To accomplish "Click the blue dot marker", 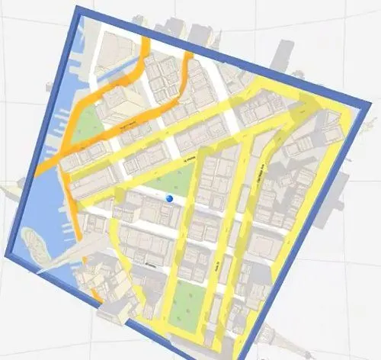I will pos(169,198).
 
